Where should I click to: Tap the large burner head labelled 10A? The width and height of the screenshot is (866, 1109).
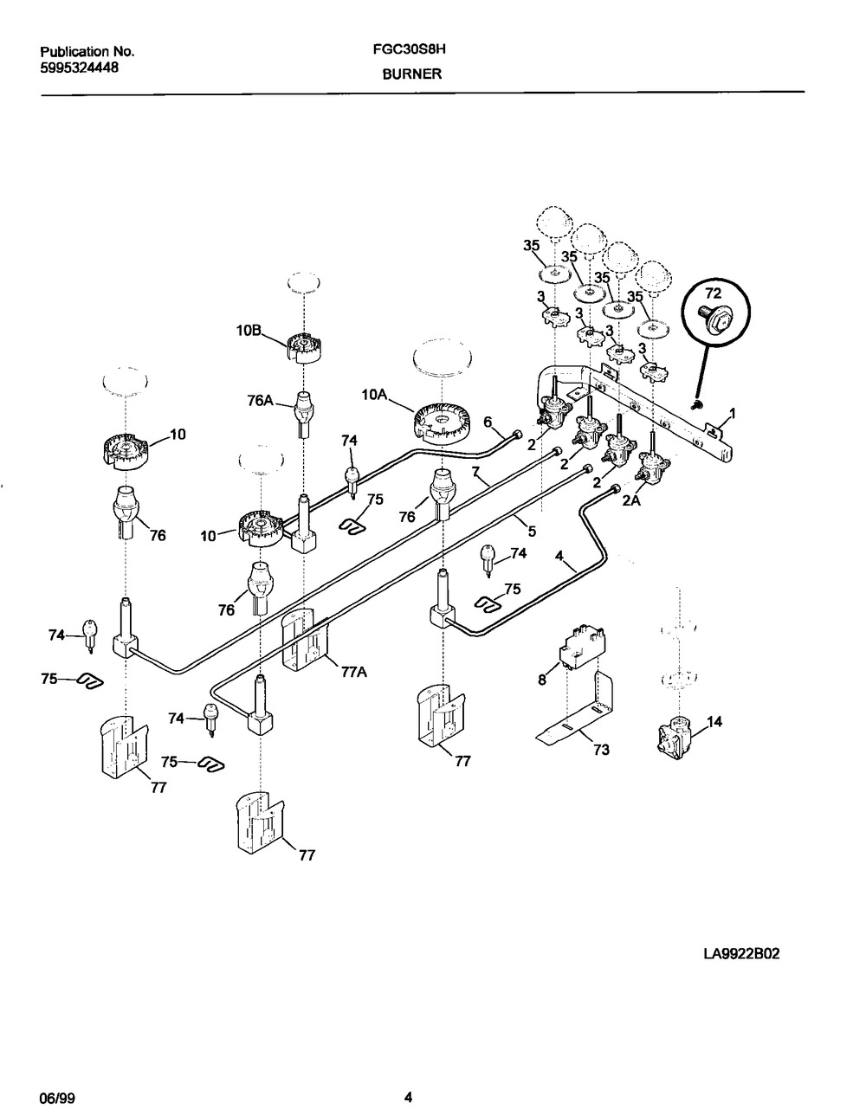[x=443, y=422]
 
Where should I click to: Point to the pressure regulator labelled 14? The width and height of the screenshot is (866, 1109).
[x=677, y=735]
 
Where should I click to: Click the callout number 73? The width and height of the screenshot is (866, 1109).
[x=601, y=749]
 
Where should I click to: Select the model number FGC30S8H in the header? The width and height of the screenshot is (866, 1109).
[x=410, y=50]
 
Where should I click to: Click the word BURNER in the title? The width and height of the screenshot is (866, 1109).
[x=412, y=74]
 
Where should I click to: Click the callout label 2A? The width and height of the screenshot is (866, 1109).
[x=630, y=500]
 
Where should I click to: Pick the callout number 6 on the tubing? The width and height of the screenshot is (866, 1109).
[x=488, y=421]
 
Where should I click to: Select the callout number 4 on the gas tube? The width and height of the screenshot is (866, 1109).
[x=559, y=556]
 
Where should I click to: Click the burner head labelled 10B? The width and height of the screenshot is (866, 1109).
[x=304, y=348]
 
